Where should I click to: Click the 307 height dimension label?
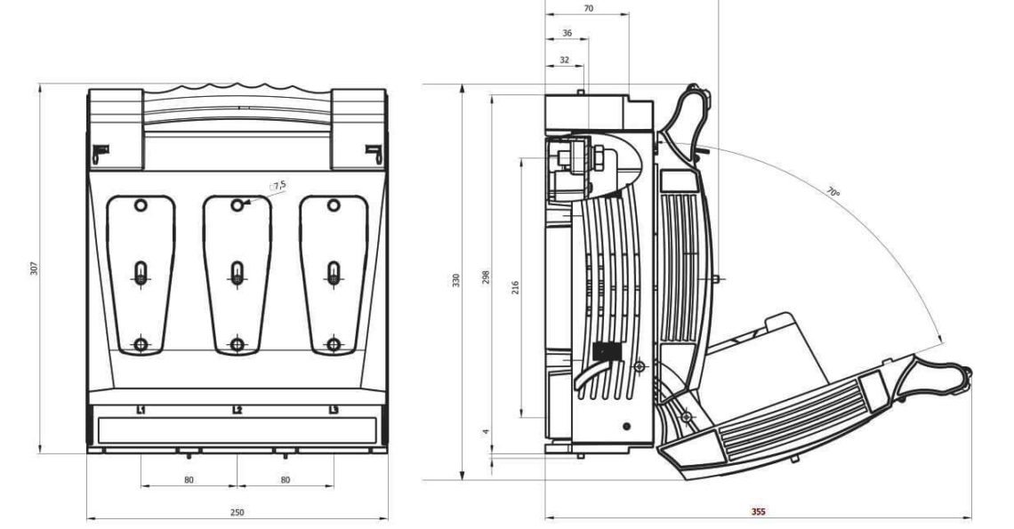(35, 268)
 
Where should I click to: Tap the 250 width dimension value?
(237, 512)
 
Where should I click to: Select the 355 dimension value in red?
(758, 511)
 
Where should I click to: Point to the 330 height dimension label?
(456, 281)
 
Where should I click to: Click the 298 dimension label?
(487, 277)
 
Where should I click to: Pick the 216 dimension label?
(515, 287)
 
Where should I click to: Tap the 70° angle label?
(833, 192)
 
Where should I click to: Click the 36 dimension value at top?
(567, 33)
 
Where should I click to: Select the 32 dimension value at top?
(565, 60)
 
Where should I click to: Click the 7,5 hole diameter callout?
(279, 186)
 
